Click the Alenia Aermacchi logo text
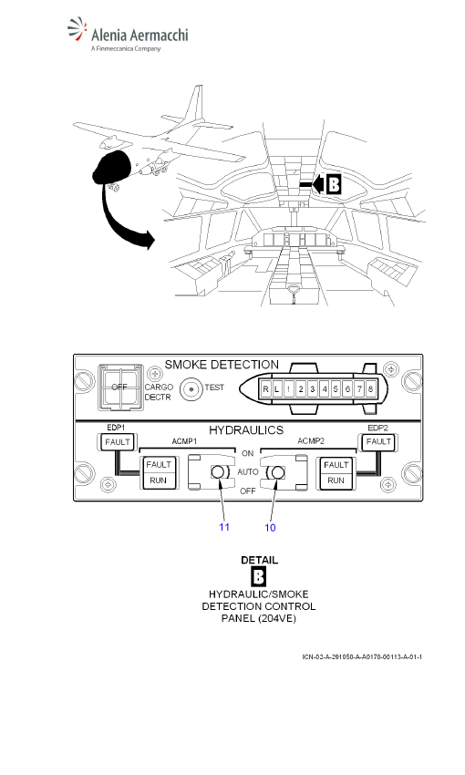coord(139,35)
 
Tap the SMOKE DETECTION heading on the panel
coord(222,365)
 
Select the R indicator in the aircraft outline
coord(266,389)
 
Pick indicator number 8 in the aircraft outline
coord(370,389)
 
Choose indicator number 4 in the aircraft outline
coord(325,389)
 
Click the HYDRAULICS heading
coord(246,430)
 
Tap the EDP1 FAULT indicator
coord(117,442)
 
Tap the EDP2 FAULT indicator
coord(378,441)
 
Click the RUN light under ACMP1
coord(158,480)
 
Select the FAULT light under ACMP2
coord(336,465)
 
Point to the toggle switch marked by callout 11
coord(218,472)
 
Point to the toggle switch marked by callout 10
coord(278,472)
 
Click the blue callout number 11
coord(224,527)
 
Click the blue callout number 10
coord(270,527)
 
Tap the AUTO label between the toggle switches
coord(248,472)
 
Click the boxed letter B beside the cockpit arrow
coord(334,185)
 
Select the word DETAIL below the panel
coord(260,560)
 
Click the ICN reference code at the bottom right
coord(362,656)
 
